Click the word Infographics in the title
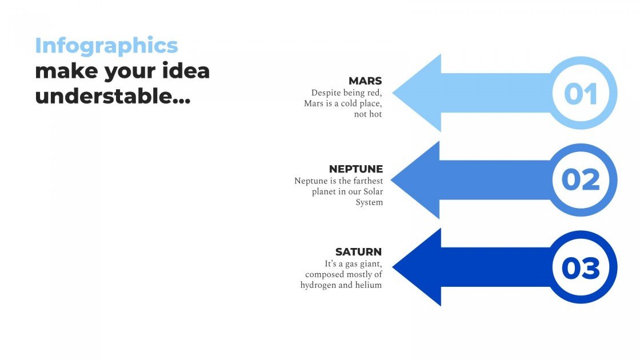point(106,46)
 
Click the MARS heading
point(365,81)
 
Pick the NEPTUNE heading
point(355,169)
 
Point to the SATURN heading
point(358,251)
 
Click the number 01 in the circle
point(581,94)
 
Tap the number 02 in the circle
point(581,180)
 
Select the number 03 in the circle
point(581,268)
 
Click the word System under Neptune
point(369,202)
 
